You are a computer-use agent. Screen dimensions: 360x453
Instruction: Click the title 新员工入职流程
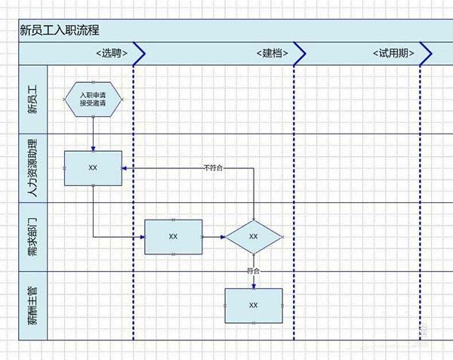[x=60, y=30]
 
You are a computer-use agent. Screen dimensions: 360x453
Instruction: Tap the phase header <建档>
[x=274, y=54]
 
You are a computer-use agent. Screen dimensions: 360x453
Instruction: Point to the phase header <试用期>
[x=393, y=54]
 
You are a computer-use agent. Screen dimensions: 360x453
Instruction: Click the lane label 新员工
[x=32, y=100]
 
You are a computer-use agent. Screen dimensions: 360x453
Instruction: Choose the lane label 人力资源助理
[x=32, y=168]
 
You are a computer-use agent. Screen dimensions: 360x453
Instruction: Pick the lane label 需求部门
[x=32, y=236]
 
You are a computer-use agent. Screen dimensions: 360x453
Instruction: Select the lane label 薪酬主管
[x=32, y=305]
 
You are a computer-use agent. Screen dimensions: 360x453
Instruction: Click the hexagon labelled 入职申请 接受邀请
[x=93, y=99]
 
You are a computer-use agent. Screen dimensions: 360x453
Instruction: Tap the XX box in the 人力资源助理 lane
[x=93, y=168]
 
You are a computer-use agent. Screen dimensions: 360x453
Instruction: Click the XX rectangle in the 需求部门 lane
[x=173, y=236]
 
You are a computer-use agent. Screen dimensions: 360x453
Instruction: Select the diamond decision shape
[x=254, y=236]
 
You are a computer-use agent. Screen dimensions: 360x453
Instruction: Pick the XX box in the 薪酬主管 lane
[x=254, y=305]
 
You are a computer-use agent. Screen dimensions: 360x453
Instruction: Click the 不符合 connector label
[x=213, y=168]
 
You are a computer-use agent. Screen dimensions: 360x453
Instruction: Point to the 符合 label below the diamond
[x=254, y=270]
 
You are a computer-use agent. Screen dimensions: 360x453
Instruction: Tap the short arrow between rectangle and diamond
[x=214, y=236]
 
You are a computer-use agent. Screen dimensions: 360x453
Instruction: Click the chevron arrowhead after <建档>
[x=300, y=54]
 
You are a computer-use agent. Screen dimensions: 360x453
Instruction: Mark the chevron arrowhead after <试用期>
[x=426, y=54]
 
